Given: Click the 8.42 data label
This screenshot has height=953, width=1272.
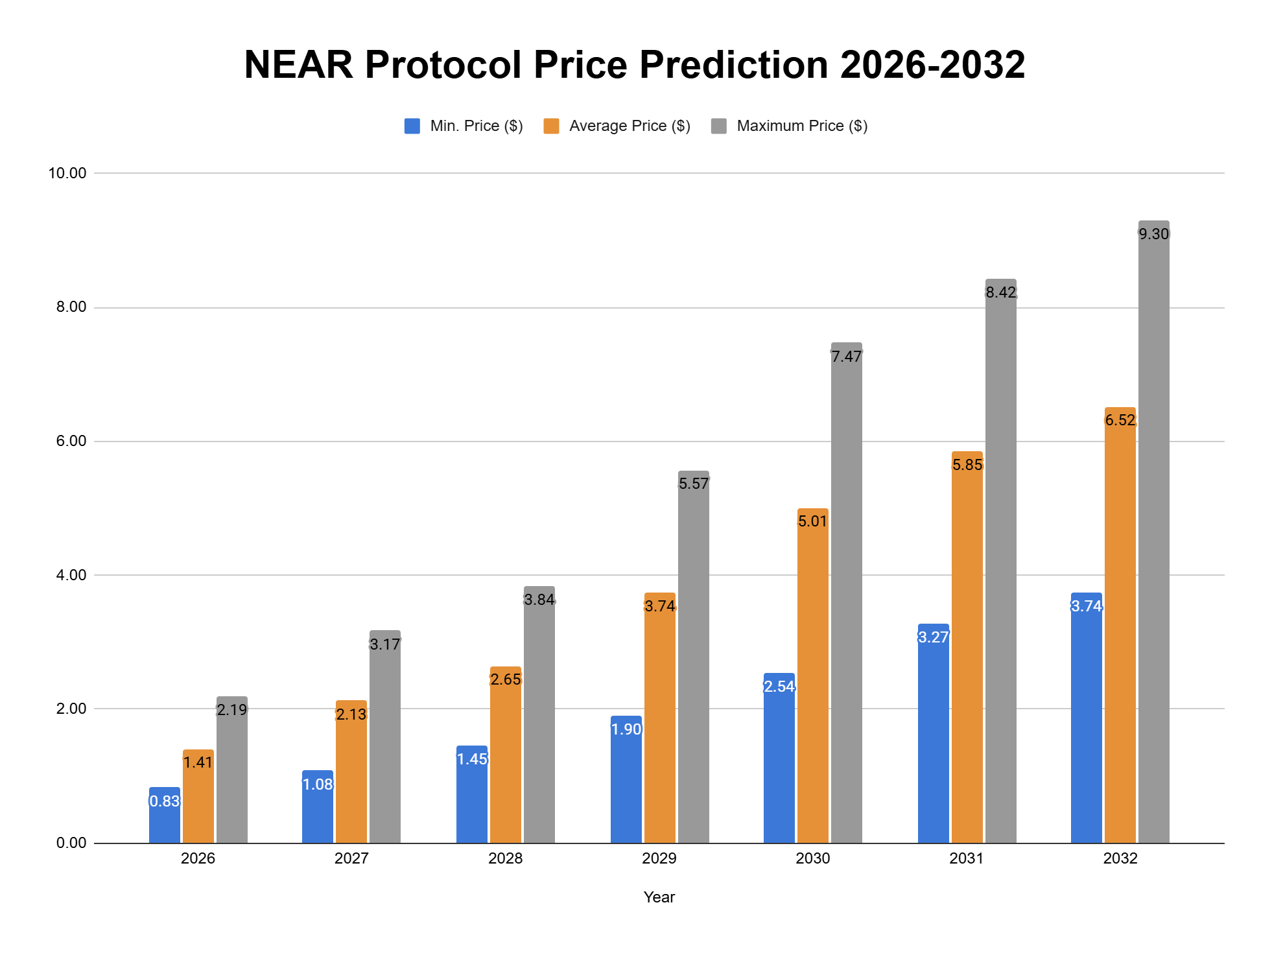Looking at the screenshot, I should coord(1000,292).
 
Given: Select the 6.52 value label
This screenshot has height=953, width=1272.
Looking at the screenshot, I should coord(1120,420).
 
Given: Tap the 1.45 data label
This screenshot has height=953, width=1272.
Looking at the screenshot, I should coord(472,759).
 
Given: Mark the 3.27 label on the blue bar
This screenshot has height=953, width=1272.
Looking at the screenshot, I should coord(933,637).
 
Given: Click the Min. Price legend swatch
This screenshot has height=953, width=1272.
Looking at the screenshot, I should coord(412,126).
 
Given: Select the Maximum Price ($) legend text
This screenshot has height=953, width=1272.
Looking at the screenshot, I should coord(801,126).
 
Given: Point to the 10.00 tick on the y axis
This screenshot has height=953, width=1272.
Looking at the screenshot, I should coord(67,173).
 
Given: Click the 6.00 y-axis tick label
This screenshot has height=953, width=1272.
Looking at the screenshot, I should coord(71,441).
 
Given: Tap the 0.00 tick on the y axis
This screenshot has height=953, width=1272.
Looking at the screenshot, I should coord(71,843).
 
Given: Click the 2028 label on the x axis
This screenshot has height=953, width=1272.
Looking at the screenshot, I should coord(505,858).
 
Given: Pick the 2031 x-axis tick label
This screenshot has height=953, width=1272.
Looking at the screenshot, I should coord(966,858).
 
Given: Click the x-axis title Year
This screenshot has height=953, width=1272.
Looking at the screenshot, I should coord(659,897).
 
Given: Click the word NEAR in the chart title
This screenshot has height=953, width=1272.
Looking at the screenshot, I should coord(298,65).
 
